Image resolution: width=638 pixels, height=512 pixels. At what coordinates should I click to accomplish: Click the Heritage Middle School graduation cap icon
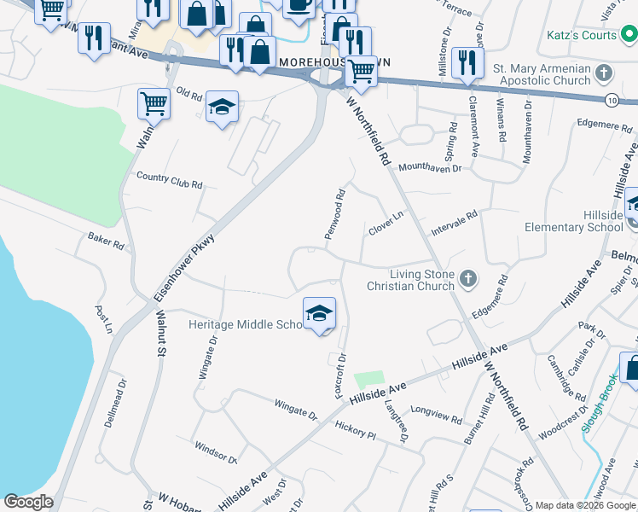[x=319, y=313]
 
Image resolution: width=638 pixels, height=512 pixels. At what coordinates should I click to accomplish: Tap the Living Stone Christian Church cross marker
[x=467, y=278]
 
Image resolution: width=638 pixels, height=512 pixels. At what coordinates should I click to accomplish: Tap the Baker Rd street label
[x=106, y=241]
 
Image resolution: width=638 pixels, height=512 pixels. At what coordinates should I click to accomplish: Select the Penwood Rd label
[x=335, y=213]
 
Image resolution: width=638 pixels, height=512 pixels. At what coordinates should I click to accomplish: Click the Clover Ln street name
[x=385, y=224]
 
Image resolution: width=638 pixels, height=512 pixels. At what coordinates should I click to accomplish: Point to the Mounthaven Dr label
[x=429, y=168]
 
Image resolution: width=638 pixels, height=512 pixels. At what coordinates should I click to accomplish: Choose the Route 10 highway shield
[x=612, y=100]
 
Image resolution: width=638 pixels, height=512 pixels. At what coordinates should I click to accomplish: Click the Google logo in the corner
[x=28, y=502]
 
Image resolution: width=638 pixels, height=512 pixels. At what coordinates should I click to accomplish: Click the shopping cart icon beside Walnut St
[x=154, y=103]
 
